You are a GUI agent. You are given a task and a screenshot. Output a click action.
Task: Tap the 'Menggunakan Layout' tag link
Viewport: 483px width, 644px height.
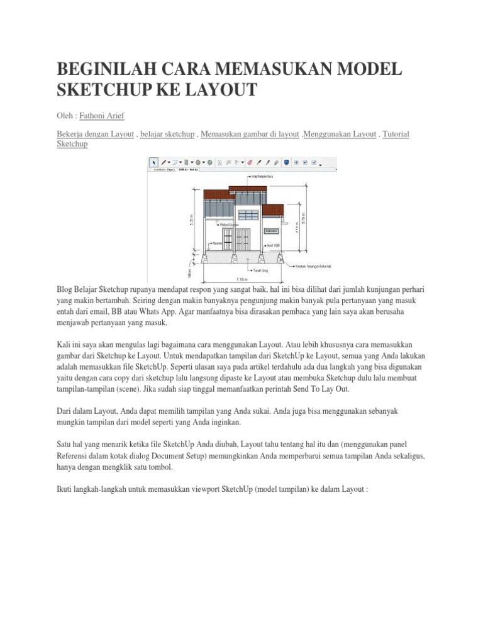(x=340, y=135)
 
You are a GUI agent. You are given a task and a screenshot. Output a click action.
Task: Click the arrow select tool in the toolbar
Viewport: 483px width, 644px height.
(x=153, y=162)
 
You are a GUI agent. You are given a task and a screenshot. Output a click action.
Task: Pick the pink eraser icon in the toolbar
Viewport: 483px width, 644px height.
(x=250, y=162)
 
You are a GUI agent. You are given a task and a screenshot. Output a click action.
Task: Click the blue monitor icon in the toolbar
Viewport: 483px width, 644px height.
(x=286, y=162)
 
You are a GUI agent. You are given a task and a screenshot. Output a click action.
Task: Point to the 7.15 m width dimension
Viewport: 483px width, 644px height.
(x=241, y=277)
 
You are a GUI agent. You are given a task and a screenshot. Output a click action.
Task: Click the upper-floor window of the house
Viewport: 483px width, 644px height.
(x=248, y=215)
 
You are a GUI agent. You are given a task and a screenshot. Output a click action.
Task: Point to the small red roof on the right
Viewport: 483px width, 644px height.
(x=272, y=209)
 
